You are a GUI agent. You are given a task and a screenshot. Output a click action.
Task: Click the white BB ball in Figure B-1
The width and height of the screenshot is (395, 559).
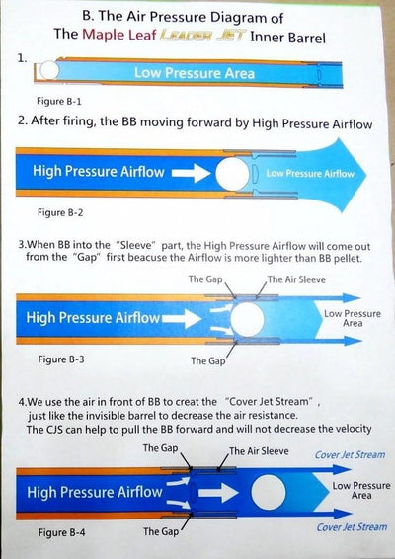(48, 70)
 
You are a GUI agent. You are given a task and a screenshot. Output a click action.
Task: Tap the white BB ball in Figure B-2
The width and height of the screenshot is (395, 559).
(233, 174)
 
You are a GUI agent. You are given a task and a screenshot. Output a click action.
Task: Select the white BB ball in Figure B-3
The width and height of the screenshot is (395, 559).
(247, 319)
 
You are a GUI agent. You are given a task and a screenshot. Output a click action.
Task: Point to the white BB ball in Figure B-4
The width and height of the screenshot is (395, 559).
(269, 493)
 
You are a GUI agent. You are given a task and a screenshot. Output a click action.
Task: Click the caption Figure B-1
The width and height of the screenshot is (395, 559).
(59, 102)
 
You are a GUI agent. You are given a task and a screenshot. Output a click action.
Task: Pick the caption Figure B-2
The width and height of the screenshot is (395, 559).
(60, 212)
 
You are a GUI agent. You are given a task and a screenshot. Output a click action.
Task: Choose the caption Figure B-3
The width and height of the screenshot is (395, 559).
(61, 359)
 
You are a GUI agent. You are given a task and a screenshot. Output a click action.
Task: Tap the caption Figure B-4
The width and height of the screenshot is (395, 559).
(62, 533)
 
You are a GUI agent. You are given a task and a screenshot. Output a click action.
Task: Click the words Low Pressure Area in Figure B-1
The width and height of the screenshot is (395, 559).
(195, 73)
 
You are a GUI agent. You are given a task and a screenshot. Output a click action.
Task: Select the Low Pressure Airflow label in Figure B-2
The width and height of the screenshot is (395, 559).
(310, 174)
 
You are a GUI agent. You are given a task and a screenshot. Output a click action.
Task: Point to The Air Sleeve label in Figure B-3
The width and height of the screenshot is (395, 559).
(296, 279)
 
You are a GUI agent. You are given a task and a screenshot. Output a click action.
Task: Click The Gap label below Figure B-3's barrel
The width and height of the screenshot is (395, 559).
(207, 360)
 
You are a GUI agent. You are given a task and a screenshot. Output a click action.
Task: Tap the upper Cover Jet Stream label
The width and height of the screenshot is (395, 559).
(351, 455)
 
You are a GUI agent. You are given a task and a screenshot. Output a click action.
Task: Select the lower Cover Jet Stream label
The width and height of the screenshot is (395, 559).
(352, 527)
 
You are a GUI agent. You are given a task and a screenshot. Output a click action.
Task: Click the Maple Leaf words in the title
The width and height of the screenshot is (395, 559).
(119, 35)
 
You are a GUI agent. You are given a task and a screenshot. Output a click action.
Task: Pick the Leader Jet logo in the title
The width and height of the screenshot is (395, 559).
(201, 36)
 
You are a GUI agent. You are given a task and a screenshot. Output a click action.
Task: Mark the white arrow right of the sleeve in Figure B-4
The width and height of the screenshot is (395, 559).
(218, 493)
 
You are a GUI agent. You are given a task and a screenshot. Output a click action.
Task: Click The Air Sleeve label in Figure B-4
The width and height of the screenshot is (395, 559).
(259, 451)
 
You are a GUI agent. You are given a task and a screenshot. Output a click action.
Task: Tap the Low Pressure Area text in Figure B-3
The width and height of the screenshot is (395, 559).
(353, 318)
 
